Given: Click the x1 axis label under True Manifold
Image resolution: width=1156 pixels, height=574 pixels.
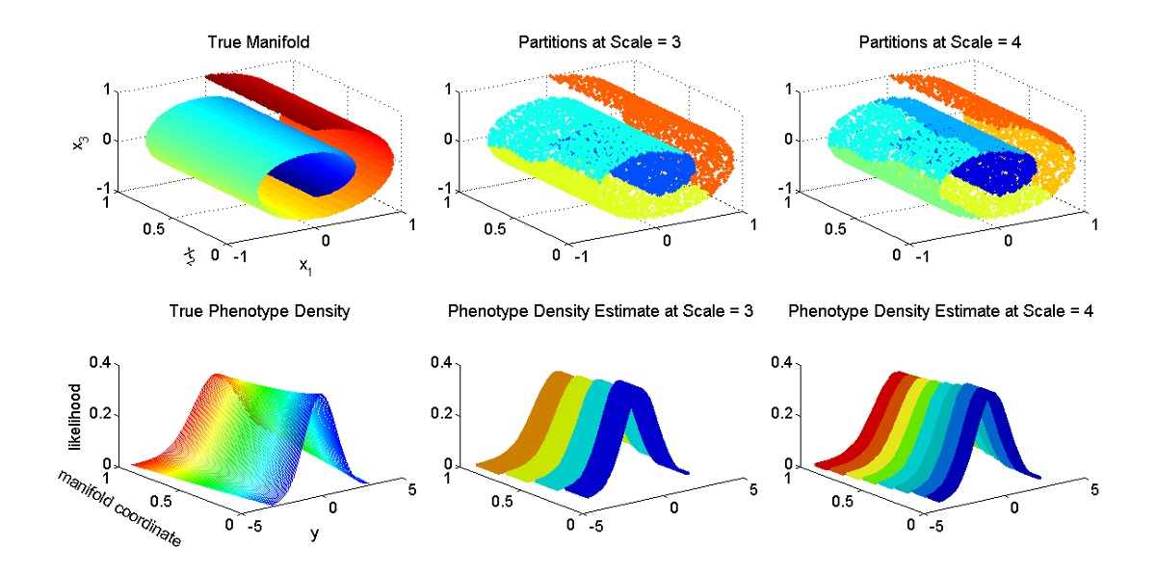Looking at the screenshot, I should coord(304,265).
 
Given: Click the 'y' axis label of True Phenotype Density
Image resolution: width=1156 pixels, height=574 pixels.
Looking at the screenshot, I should coord(314,533).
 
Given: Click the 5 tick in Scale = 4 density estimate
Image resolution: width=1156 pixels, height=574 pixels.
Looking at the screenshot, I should coord(1091,490).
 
